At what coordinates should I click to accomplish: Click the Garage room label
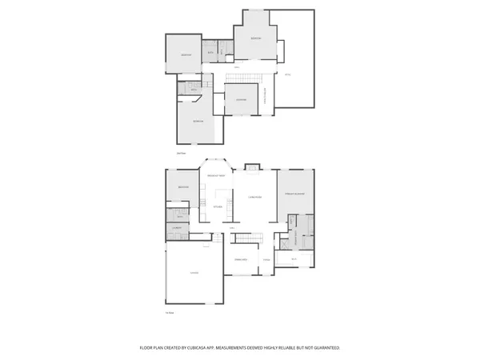pyautogui.click(x=194, y=273)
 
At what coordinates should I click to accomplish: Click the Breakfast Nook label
pyautogui.click(x=216, y=175)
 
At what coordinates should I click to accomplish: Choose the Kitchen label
pyautogui.click(x=218, y=206)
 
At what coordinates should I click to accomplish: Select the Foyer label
pyautogui.click(x=267, y=260)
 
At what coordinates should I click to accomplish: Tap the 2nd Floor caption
pyautogui.click(x=182, y=152)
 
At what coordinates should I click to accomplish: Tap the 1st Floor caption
pyautogui.click(x=170, y=312)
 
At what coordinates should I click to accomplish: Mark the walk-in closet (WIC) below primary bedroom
pyautogui.click(x=294, y=259)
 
